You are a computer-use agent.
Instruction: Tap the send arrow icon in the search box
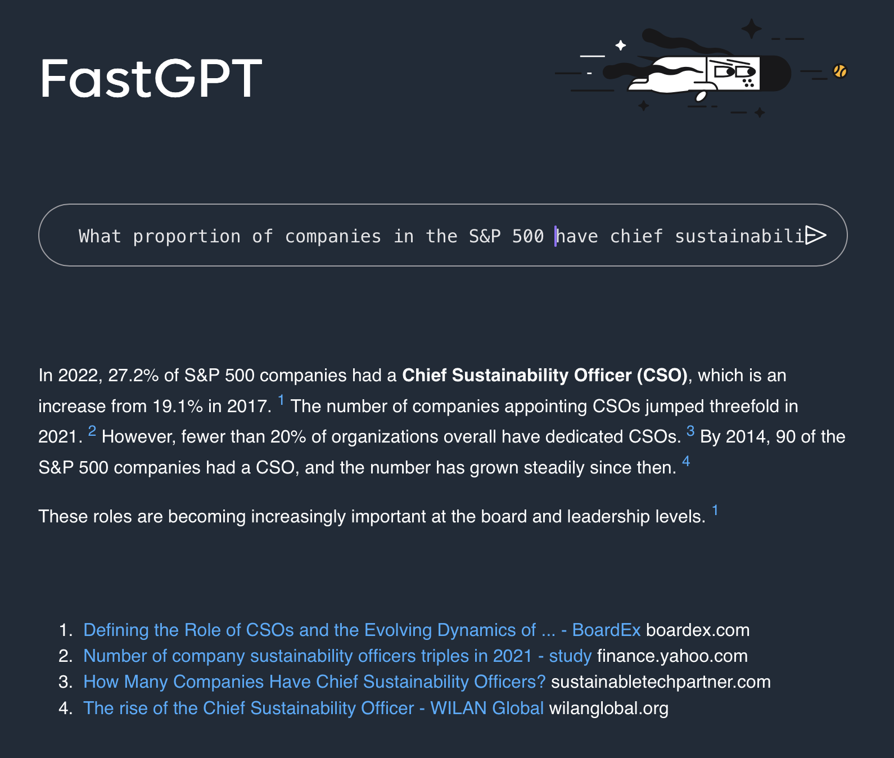815,235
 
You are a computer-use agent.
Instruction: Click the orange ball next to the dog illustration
840,71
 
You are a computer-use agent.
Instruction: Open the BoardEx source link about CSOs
362,630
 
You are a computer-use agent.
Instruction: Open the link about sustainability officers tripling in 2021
337,656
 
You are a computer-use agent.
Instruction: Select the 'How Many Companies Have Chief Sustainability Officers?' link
314,682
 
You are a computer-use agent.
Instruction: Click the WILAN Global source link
313,708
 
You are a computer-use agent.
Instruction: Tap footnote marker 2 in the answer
92,431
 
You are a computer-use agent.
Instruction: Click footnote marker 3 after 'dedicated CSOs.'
690,431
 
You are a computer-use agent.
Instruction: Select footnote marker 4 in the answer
686,462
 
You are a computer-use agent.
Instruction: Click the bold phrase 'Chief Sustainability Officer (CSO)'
545,375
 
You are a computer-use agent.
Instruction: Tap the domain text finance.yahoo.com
672,656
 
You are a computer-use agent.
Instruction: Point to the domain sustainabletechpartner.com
661,682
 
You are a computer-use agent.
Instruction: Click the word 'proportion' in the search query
187,236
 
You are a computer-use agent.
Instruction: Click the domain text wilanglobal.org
609,708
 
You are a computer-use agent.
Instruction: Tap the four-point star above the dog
751,29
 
